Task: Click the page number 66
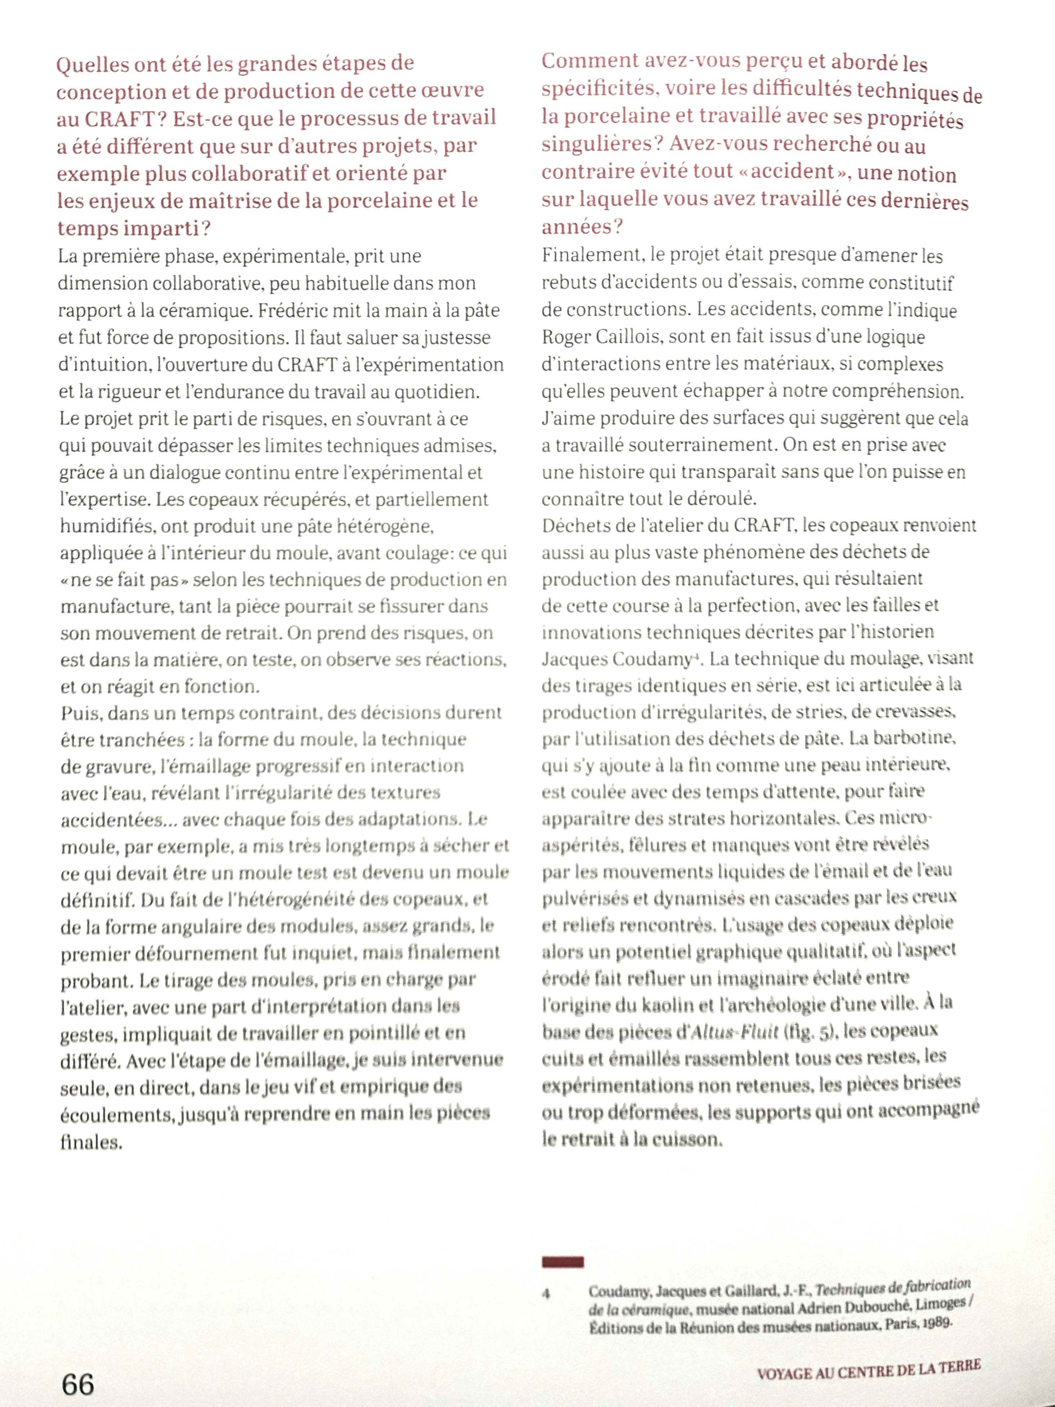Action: tap(77, 1384)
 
